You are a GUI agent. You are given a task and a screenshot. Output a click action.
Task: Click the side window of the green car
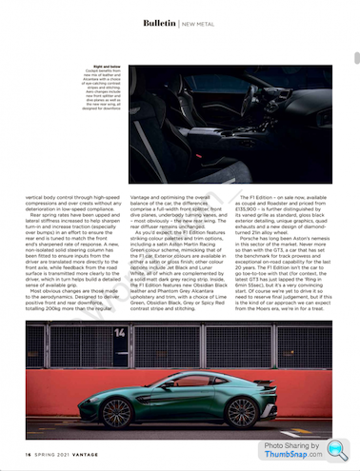click(x=167, y=377)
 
